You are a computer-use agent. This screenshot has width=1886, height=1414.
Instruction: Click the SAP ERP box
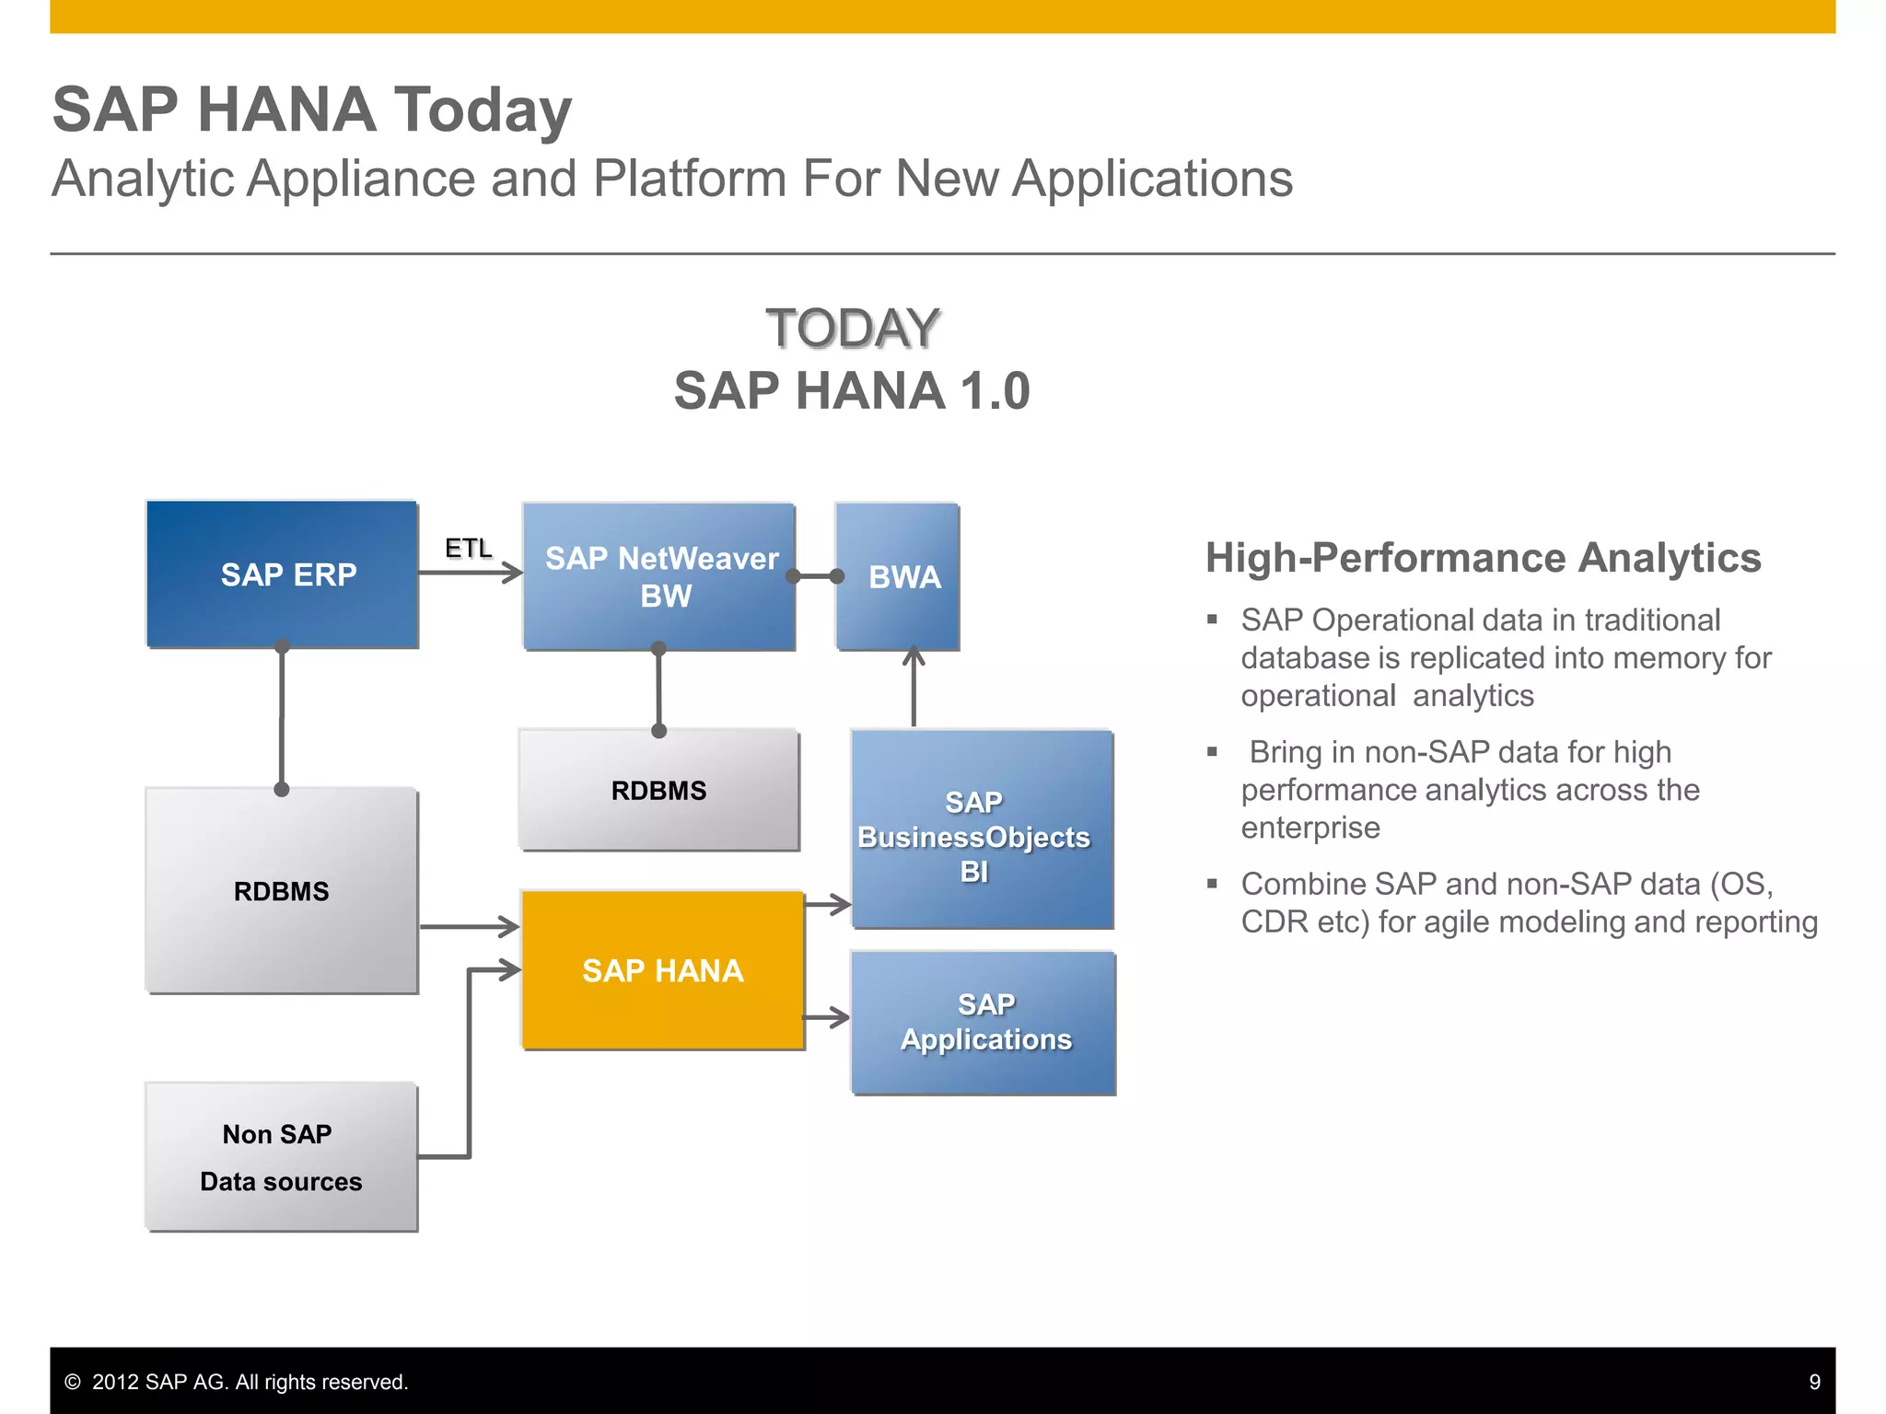[x=282, y=574]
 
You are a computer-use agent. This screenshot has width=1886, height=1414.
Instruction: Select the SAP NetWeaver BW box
[x=659, y=576]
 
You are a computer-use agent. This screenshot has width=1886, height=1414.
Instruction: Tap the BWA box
[x=898, y=576]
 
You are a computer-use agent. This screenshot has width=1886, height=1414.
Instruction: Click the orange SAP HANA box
[x=663, y=970]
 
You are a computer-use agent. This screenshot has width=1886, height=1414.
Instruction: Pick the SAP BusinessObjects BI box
[x=982, y=829]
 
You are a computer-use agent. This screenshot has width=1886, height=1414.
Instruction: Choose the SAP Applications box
[x=984, y=1023]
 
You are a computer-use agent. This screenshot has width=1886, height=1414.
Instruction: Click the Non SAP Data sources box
[x=282, y=1157]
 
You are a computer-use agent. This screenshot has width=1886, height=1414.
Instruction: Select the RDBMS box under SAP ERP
[x=282, y=890]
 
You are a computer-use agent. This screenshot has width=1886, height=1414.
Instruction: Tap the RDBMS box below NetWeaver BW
[x=659, y=790]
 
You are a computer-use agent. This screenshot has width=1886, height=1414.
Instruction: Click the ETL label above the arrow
[x=468, y=548]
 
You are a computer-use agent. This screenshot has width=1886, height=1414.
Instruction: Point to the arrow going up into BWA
[x=913, y=686]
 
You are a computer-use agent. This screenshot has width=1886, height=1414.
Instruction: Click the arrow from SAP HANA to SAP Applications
[x=826, y=1017]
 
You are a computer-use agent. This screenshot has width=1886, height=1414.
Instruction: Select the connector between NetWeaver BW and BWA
[x=815, y=576]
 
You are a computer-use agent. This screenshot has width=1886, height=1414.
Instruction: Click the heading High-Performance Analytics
[x=1483, y=558]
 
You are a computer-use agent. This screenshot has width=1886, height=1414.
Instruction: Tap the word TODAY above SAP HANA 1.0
[x=852, y=329]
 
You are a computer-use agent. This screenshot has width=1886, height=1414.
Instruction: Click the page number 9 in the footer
[x=1814, y=1382]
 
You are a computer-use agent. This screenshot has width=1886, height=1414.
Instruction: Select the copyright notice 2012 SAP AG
[x=237, y=1382]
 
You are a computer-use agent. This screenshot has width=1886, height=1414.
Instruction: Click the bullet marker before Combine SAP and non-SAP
[x=1213, y=884]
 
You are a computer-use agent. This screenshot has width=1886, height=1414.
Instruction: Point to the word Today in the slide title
[x=483, y=110]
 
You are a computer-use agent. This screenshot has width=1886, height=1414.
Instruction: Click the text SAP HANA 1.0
[x=852, y=390]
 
